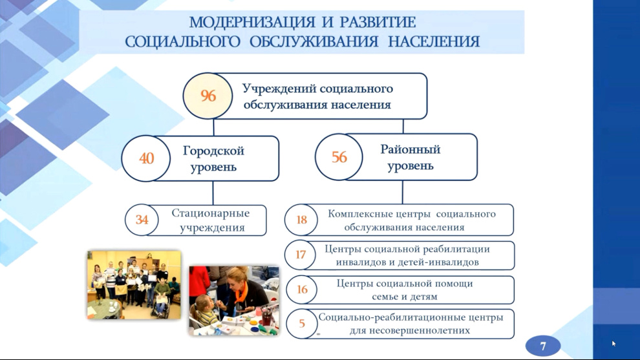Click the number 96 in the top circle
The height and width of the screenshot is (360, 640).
[x=208, y=96]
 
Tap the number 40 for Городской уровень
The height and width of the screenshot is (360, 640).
[x=147, y=158]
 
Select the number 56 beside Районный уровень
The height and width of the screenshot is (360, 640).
[x=339, y=157]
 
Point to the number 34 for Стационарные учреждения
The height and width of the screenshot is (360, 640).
[x=142, y=220]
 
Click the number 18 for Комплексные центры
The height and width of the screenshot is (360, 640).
[x=302, y=220]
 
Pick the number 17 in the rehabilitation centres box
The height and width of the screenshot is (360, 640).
[x=301, y=255]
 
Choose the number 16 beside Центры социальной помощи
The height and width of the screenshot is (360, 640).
[x=302, y=290]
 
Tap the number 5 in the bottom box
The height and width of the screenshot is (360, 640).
[x=302, y=324]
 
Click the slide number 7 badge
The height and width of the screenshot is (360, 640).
[x=543, y=346]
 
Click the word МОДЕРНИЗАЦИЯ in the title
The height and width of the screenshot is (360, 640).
[x=252, y=23]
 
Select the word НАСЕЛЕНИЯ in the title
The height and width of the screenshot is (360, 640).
[x=434, y=41]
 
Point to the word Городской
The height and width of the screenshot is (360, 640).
[x=213, y=151]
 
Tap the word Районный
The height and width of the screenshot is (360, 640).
[x=411, y=149]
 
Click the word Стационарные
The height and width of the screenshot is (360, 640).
[x=211, y=213]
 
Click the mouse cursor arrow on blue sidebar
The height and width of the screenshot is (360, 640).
[x=614, y=344]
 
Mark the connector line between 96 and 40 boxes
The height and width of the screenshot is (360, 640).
[x=213, y=127]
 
